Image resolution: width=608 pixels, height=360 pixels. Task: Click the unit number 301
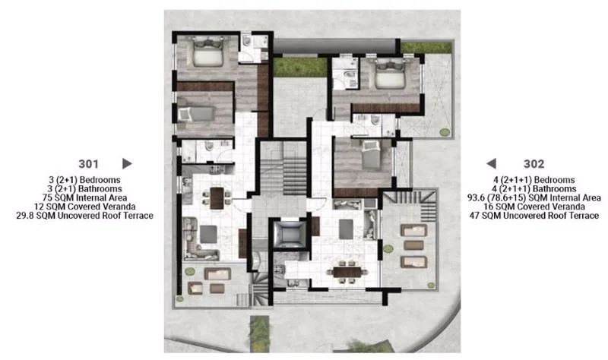(88, 164)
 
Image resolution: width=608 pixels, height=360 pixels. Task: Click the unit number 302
(534, 164)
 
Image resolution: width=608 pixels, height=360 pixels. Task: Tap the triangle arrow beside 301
(127, 163)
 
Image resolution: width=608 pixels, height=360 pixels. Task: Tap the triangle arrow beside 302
(491, 163)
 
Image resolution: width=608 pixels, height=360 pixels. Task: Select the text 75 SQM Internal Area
(84, 197)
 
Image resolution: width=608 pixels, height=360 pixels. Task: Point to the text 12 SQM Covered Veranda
(84, 207)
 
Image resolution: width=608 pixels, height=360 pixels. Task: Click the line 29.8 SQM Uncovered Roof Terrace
(84, 216)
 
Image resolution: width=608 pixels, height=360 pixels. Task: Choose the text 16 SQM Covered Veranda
(534, 207)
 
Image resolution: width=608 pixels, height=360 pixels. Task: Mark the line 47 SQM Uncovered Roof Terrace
(534, 216)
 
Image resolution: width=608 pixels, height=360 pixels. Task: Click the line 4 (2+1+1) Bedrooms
(534, 180)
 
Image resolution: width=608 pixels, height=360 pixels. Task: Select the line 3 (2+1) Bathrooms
(84, 188)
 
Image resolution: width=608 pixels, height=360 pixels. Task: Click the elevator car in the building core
(288, 233)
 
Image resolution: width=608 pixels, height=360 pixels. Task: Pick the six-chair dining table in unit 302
(347, 272)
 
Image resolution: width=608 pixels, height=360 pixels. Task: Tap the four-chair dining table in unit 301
(217, 197)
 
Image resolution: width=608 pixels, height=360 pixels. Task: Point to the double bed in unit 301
(207, 52)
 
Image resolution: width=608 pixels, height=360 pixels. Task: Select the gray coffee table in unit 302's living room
(346, 229)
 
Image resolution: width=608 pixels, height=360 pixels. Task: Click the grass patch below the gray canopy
(300, 67)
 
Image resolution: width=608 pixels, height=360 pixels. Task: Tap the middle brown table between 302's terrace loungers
(413, 245)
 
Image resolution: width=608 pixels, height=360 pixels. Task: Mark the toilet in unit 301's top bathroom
(247, 41)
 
